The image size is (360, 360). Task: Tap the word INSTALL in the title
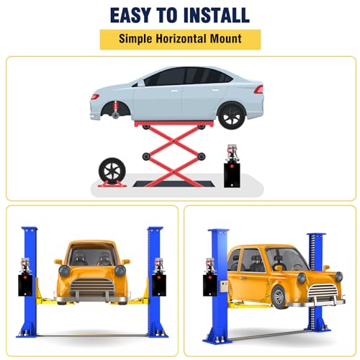coord(216,15)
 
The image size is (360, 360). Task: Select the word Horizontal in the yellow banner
coord(181,39)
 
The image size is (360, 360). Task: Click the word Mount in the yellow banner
coord(225,39)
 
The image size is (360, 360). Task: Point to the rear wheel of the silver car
coord(232,116)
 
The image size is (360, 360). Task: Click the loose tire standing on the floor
coord(112,171)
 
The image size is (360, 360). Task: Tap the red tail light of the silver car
coord(259,89)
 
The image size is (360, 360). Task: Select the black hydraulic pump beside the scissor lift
coord(233,166)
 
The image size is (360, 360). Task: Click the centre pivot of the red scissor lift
coord(174,142)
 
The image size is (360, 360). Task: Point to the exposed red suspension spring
coord(116,106)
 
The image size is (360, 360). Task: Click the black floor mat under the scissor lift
coord(174,184)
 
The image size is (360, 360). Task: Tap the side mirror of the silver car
coord(141,84)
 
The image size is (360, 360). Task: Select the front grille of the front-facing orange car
coord(92,287)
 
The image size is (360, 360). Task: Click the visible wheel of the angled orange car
coord(279,297)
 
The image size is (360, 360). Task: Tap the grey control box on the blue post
coord(224,286)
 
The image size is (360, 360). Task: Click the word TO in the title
coord(167,15)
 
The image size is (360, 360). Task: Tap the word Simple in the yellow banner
coord(135,39)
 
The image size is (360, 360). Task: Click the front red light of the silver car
coord(95,96)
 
